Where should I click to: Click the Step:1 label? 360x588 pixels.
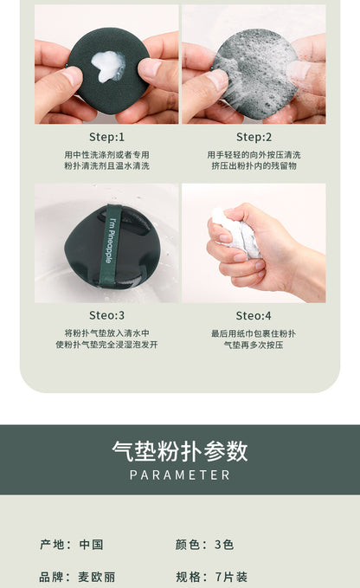106,137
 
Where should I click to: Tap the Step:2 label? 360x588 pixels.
254,137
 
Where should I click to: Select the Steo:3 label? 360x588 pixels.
106,315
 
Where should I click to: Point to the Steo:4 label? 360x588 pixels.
254,316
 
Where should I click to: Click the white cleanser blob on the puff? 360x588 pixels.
108,67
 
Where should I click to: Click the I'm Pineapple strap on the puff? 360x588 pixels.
112,245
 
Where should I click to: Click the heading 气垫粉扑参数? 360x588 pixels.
180,450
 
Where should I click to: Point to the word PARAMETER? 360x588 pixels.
180,475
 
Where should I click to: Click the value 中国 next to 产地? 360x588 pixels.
91,545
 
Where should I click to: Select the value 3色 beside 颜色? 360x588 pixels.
224,545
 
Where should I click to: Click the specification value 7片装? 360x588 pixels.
231,577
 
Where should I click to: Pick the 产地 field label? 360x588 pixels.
51,545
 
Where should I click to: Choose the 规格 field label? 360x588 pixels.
187,577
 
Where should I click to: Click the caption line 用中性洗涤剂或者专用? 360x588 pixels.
106,154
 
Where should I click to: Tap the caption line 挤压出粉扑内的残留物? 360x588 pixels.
254,165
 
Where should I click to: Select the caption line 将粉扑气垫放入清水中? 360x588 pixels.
106,333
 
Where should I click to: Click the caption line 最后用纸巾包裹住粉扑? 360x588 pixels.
254,333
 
